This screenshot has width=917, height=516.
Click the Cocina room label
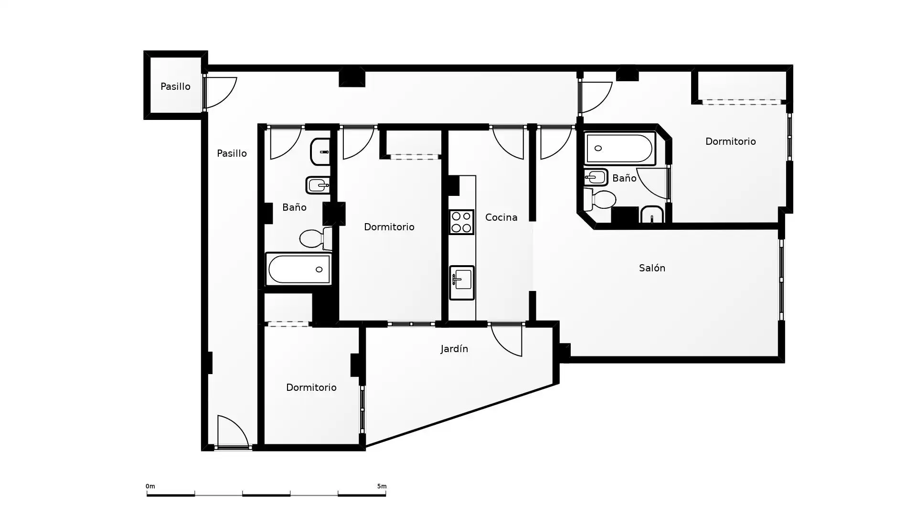[x=501, y=217]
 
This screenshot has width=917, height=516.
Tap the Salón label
[x=652, y=268]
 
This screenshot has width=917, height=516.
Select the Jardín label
[x=454, y=349]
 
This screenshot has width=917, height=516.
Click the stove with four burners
[x=461, y=222]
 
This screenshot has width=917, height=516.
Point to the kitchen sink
[x=462, y=283]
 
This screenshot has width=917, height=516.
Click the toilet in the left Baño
[x=316, y=238]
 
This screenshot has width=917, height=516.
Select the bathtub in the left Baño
[x=299, y=269]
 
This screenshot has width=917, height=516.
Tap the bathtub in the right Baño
[x=619, y=149]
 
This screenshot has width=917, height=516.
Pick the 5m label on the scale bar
[x=382, y=486]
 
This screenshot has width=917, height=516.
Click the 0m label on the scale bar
[x=150, y=486]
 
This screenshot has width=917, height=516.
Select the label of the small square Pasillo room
[x=175, y=86]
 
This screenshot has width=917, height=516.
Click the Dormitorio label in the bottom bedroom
[x=311, y=387]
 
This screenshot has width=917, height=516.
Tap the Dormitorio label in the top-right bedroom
[x=730, y=141]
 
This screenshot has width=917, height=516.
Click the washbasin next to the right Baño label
[x=596, y=177]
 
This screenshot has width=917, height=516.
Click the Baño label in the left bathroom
[x=294, y=207]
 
